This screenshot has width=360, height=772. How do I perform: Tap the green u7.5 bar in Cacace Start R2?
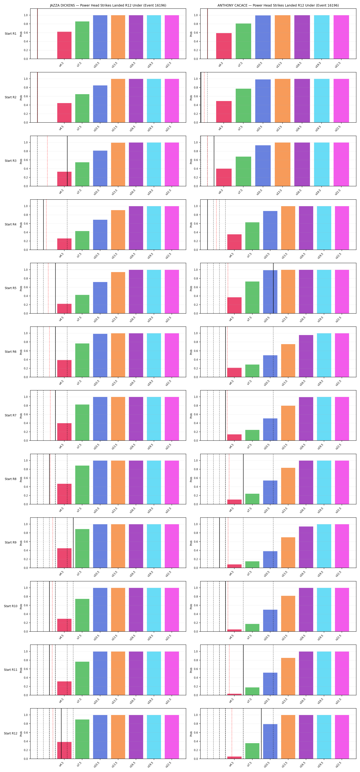(x=243, y=106)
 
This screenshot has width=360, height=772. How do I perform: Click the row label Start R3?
(x=10, y=161)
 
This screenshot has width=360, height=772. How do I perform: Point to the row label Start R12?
(x=10, y=733)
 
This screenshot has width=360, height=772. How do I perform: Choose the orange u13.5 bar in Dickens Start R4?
(x=118, y=230)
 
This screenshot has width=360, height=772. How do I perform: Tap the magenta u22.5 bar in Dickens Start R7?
(x=172, y=419)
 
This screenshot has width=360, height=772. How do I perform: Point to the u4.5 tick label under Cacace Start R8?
(x=231, y=510)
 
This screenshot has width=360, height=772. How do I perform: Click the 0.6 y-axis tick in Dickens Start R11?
(x=26, y=669)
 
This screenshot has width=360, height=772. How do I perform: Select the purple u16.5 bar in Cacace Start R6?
(x=306, y=356)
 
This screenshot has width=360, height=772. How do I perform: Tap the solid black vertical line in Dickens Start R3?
(x=67, y=161)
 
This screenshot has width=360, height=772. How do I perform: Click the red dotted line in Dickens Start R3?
(x=47, y=161)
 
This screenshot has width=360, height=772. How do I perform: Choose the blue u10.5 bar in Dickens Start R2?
(x=100, y=104)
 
